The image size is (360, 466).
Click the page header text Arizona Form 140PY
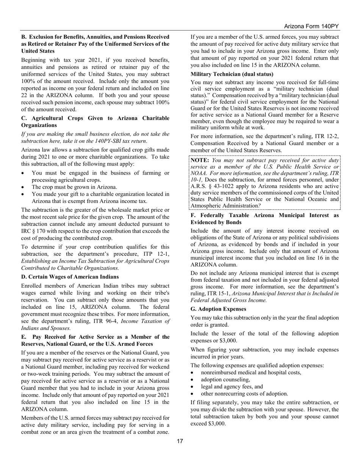click(311, 27)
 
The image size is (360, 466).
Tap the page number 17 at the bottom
click(180, 441)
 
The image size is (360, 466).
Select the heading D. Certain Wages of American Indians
click(70, 277)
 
